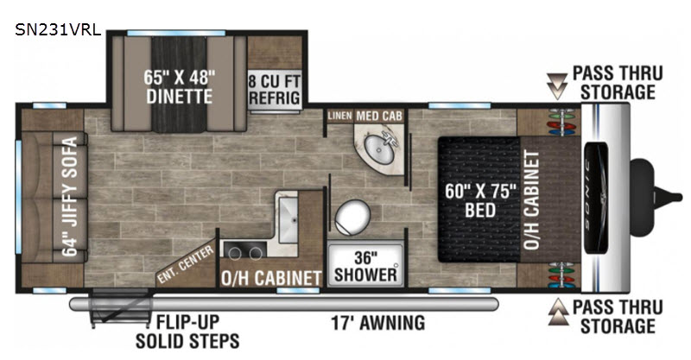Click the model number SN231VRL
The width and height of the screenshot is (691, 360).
point(58,30)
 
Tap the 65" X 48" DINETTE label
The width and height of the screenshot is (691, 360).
point(180,87)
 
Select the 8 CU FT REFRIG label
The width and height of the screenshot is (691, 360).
point(275,89)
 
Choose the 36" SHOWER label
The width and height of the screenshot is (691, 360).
point(365,266)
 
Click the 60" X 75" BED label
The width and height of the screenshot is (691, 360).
point(480,200)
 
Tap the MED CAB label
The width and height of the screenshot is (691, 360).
point(379,116)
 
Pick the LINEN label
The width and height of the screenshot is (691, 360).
point(339,116)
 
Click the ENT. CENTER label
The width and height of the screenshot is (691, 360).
point(186,264)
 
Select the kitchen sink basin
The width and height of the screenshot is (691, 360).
point(288,219)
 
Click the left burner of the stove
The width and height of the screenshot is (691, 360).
point(235,253)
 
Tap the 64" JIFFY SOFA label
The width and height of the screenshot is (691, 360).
point(70,197)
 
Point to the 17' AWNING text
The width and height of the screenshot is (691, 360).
point(378,323)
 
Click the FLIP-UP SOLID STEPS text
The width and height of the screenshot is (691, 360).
point(187,332)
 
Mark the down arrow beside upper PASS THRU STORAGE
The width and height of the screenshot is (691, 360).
point(557,85)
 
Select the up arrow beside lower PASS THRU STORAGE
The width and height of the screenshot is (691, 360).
point(558,312)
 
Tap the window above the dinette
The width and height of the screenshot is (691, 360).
point(176,33)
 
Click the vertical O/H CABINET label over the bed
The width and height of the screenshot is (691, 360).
point(532,200)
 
